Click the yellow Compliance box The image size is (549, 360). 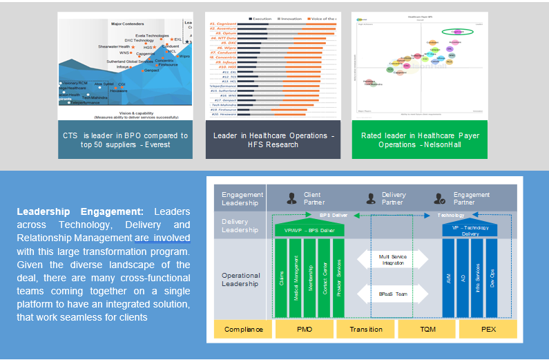click(x=243, y=330)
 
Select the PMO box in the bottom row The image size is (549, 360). click(x=304, y=330)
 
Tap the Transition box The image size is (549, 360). click(x=365, y=330)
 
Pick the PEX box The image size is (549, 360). click(x=488, y=330)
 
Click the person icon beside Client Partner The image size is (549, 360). click(x=292, y=198)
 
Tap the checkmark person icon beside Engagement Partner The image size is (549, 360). click(x=441, y=198)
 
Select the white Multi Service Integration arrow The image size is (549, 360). click(x=393, y=260)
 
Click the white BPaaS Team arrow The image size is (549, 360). click(x=393, y=294)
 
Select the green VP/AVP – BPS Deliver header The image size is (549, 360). click(x=309, y=229)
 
